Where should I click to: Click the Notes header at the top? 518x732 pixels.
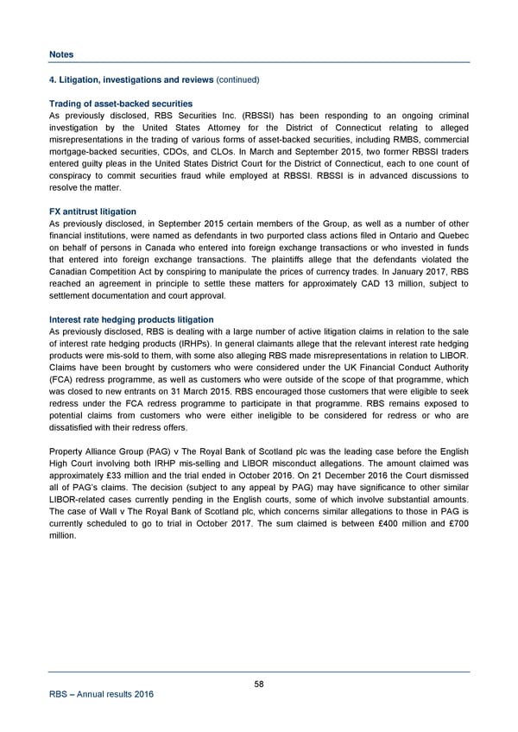click(x=61, y=54)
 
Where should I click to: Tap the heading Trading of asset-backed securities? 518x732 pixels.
click(x=121, y=104)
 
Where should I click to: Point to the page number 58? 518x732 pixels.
click(x=259, y=684)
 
